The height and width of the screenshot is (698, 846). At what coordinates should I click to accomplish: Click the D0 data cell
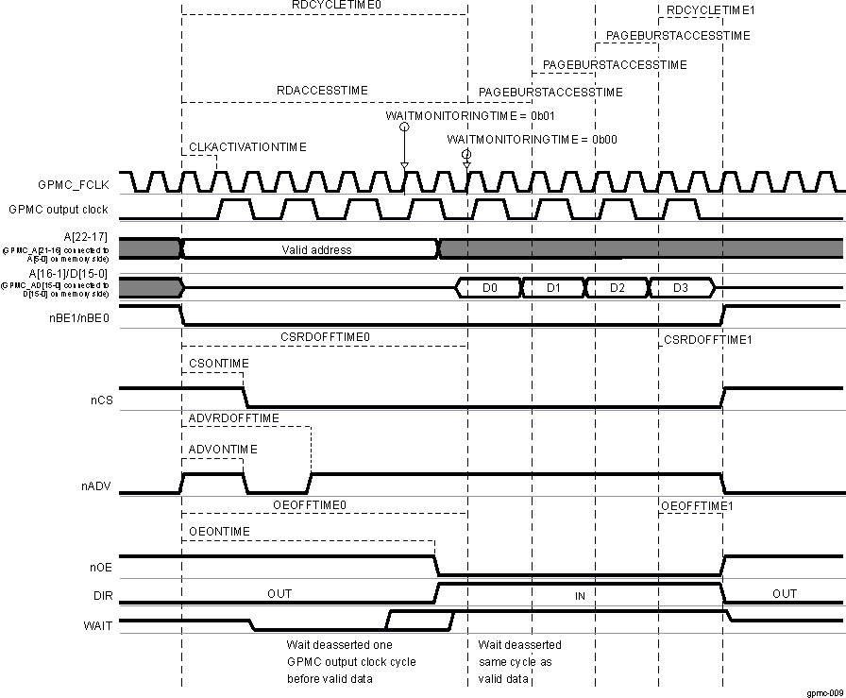click(x=489, y=287)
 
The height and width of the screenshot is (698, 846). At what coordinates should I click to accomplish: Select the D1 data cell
click(x=553, y=287)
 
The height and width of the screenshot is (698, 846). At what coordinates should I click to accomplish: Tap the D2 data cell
click(x=617, y=287)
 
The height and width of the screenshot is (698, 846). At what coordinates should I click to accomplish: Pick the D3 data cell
click(x=680, y=287)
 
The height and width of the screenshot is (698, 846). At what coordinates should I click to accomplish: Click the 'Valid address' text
click(x=316, y=249)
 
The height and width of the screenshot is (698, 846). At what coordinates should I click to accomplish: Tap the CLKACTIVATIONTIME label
click(x=247, y=147)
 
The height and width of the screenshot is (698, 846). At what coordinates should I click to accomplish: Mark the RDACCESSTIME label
click(x=322, y=91)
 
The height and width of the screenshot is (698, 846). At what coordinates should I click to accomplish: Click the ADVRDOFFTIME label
click(x=233, y=418)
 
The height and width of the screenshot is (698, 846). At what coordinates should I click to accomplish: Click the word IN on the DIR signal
click(x=581, y=597)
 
